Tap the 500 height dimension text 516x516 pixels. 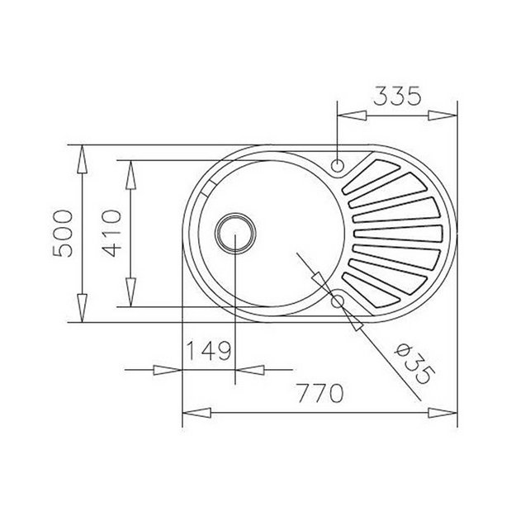click(x=64, y=235)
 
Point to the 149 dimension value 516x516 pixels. click(x=206, y=353)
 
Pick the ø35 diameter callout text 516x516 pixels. click(x=412, y=363)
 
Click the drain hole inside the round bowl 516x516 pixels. click(x=235, y=234)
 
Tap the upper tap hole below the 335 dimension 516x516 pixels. click(x=338, y=164)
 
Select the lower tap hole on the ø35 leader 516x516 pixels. click(x=338, y=302)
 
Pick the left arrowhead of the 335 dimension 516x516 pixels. click(x=348, y=116)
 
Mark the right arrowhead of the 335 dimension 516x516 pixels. click(x=447, y=116)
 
